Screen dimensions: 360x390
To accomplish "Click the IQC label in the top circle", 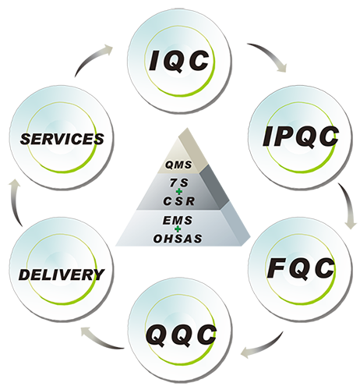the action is click(179, 60).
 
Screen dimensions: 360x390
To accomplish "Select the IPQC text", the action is click(301, 136).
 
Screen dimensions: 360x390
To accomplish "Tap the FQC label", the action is click(301, 268).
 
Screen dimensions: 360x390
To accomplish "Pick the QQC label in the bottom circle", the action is click(181, 335).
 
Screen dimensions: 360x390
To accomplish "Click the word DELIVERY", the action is click(62, 275).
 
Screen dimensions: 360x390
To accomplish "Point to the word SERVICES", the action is click(62, 139).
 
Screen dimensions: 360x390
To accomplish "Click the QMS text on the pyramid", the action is click(179, 165).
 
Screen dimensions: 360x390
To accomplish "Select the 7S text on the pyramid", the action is click(178, 183).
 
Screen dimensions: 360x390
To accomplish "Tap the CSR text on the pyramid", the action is click(179, 201).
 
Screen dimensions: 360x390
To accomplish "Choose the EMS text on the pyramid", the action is click(178, 221).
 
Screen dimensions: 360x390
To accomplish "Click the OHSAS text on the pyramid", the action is click(178, 239).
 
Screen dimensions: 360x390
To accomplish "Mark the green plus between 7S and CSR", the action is click(178, 192).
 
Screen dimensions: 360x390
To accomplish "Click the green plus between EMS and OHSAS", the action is click(178, 229).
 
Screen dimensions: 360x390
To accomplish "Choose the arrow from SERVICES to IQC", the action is click(91, 57).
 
